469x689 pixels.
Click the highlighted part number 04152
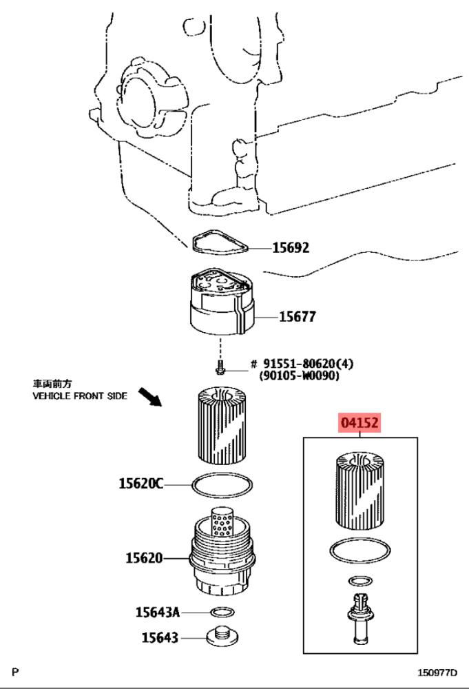tap(359, 422)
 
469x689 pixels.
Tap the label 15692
tap(291, 248)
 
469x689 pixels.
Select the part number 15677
tap(298, 316)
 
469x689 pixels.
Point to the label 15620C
tap(140, 484)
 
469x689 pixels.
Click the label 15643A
tap(157, 612)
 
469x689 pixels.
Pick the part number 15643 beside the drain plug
tap(160, 637)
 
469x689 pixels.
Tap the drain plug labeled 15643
tap(222, 636)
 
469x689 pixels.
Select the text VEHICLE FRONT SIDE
tap(80, 396)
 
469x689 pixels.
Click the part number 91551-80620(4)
tap(309, 364)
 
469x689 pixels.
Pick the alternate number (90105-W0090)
tap(300, 376)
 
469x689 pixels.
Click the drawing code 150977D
tap(437, 672)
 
